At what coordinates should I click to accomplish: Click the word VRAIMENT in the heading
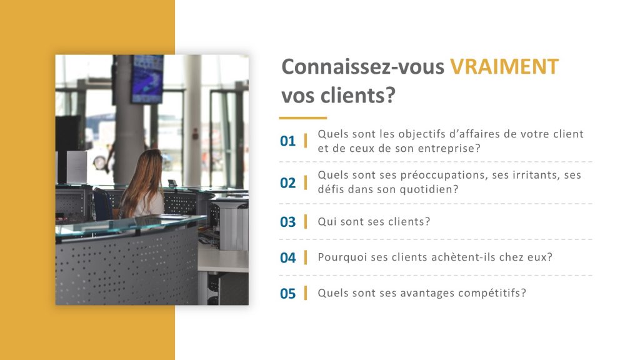coord(504,67)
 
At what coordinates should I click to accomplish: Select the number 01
coord(287,141)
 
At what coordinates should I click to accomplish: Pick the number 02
coord(287,182)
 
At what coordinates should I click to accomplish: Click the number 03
coord(287,222)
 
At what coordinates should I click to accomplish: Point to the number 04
coord(287,257)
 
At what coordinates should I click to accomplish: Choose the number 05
coord(287,293)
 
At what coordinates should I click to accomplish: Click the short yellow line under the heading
coord(303,117)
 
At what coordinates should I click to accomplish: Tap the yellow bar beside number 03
coord(306,221)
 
